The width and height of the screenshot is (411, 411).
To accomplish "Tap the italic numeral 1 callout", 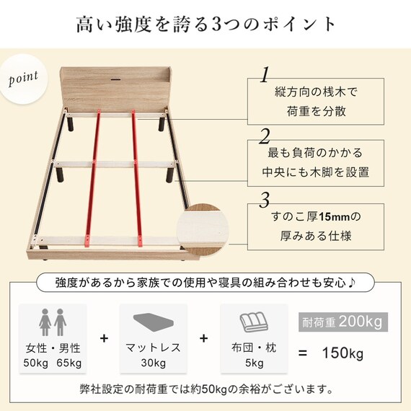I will (x=265, y=74).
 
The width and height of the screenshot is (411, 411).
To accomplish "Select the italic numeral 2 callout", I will (x=265, y=136).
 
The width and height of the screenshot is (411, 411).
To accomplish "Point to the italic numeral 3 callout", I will (x=265, y=199).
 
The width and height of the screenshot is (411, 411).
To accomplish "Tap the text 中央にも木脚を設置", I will (x=316, y=172).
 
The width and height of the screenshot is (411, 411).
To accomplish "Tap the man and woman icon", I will (x=53, y=320).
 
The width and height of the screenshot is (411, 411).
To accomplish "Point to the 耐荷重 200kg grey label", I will (x=340, y=320).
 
